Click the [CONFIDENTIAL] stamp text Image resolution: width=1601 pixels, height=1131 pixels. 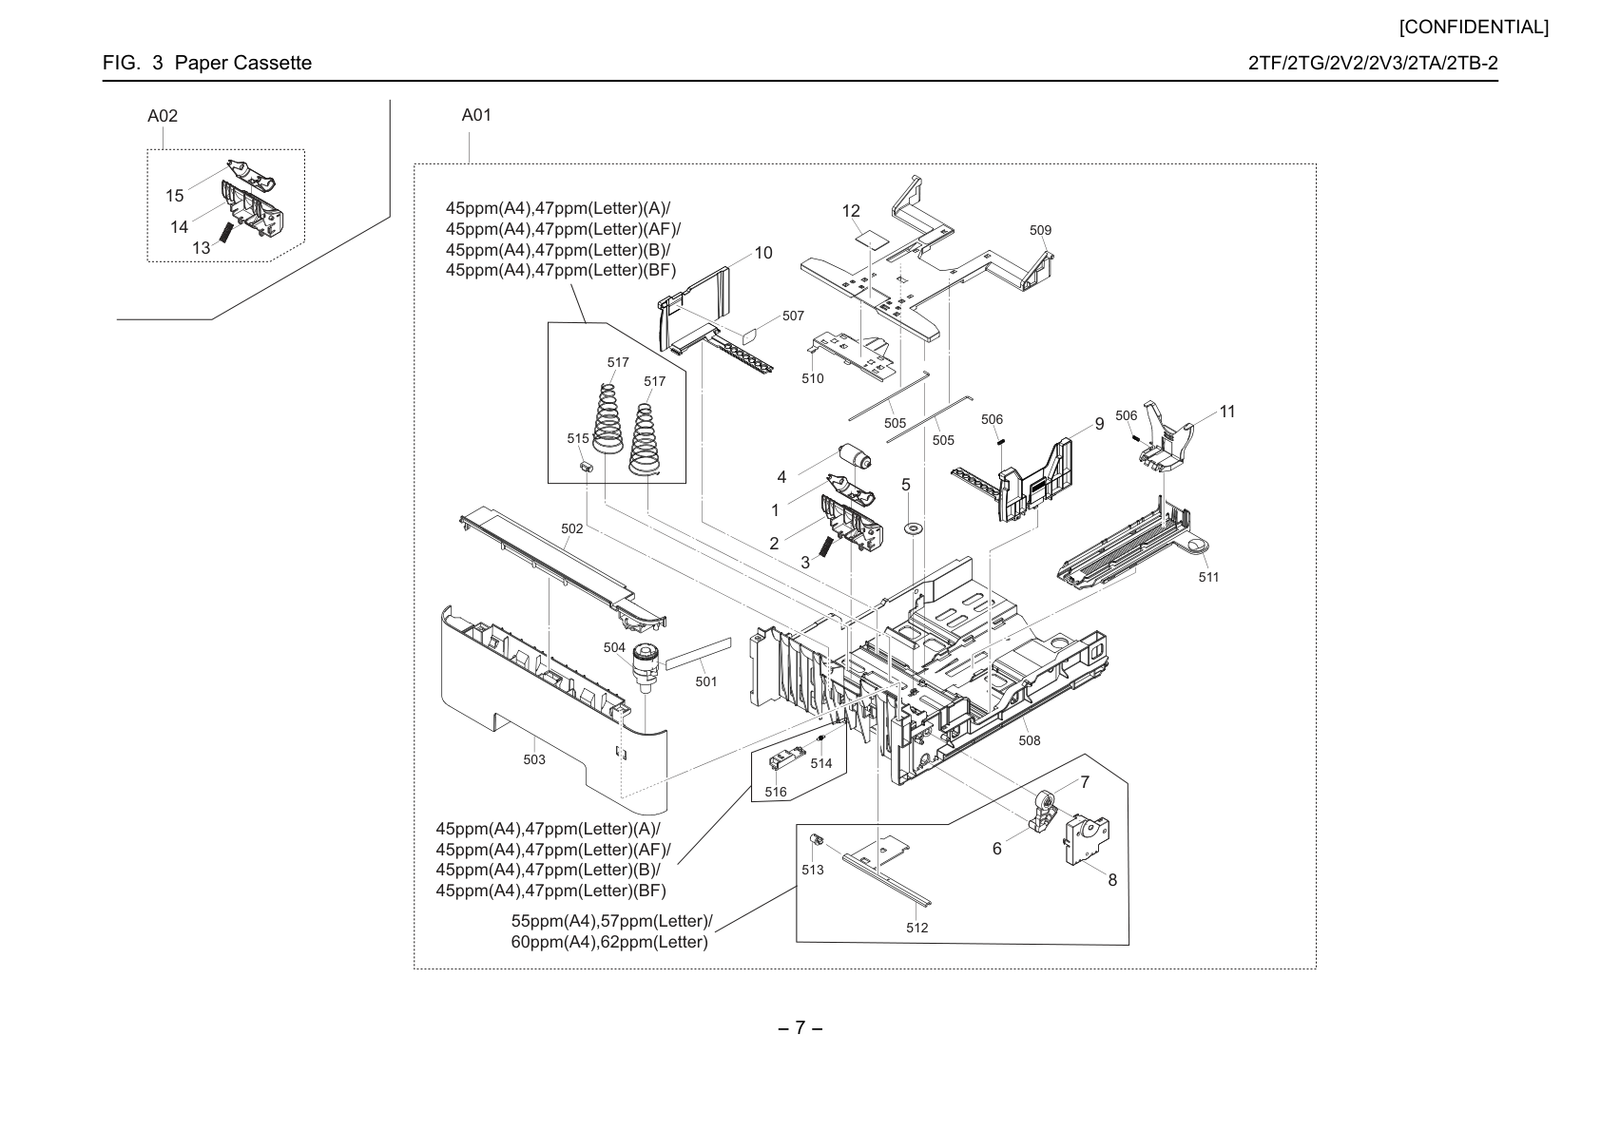tap(1474, 28)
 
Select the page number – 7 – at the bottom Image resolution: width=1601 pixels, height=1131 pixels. tap(800, 1027)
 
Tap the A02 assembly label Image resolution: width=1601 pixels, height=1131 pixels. tap(163, 116)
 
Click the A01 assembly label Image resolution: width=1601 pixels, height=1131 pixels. tap(476, 115)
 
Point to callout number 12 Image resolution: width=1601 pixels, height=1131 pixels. tap(851, 211)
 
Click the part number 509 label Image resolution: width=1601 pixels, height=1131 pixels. tap(1040, 230)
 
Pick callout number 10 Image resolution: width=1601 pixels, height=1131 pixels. tap(763, 252)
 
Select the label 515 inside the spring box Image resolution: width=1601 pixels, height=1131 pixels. tap(577, 438)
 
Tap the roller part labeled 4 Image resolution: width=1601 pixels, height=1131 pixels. tap(854, 456)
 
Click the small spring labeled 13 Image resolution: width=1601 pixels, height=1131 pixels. tap(226, 232)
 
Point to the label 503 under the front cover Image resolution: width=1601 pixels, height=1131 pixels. tap(534, 759)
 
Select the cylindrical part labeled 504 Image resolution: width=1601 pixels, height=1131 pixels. tap(645, 668)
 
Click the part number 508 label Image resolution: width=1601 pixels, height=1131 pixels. tap(1030, 741)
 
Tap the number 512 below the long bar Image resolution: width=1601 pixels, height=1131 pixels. tap(917, 928)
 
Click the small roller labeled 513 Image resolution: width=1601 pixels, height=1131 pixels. tap(814, 839)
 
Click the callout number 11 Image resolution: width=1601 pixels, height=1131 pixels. tap(1227, 412)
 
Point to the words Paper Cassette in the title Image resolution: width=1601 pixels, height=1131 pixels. tap(243, 63)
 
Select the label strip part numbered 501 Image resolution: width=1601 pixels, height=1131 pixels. tap(698, 654)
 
